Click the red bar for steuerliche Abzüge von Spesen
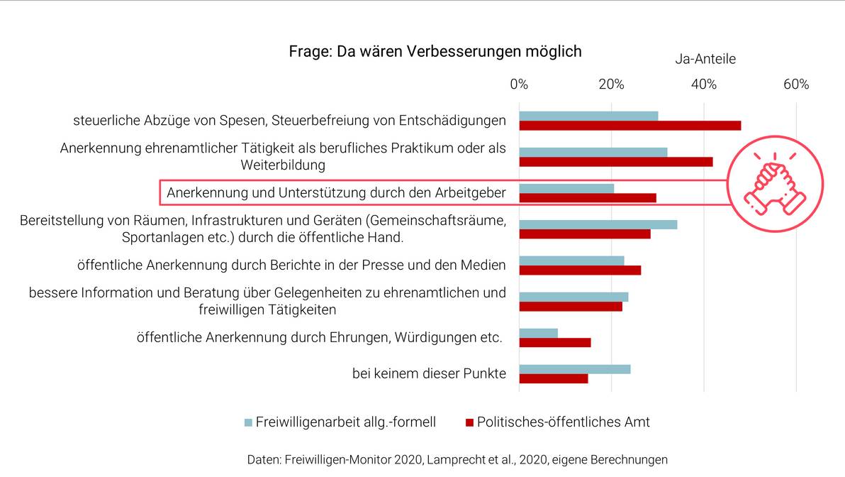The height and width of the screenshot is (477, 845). click(x=629, y=126)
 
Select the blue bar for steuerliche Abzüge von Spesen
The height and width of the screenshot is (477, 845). click(x=588, y=116)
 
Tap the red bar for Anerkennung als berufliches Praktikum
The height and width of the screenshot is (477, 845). click(x=615, y=162)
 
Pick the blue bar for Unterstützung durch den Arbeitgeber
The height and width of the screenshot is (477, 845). click(x=566, y=188)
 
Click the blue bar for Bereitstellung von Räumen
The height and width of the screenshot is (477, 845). click(x=598, y=224)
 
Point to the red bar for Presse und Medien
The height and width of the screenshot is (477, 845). click(x=580, y=270)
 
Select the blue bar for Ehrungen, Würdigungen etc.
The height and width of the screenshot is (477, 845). click(x=538, y=333)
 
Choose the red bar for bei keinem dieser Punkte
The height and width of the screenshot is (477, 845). click(x=553, y=378)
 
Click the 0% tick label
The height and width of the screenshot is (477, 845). click(x=519, y=84)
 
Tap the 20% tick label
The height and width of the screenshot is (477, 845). click(x=611, y=84)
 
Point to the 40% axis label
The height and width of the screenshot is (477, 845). click(x=703, y=84)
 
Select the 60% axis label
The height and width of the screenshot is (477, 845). click(x=795, y=84)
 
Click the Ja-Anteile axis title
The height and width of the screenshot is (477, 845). click(x=705, y=60)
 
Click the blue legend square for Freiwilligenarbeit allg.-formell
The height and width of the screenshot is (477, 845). click(x=248, y=422)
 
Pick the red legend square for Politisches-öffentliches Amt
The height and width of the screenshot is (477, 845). click(x=469, y=422)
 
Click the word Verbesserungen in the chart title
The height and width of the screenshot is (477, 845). click(x=457, y=52)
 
